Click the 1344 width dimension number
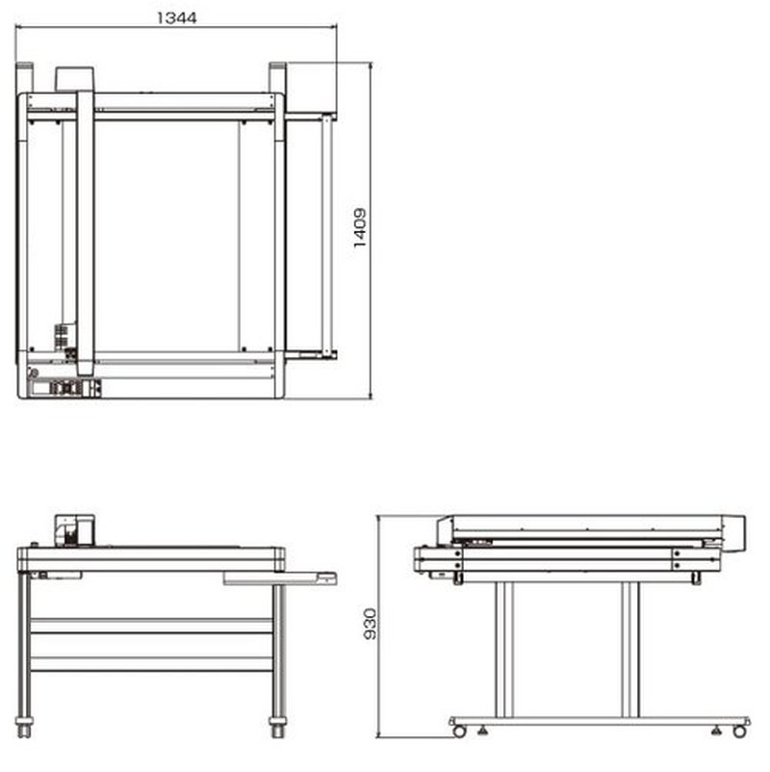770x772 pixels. click(x=176, y=17)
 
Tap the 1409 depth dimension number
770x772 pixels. click(x=360, y=228)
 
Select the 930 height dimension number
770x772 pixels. click(x=370, y=625)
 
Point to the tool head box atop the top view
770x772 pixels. click(x=74, y=79)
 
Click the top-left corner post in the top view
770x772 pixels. click(x=25, y=78)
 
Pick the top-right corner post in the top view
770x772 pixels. click(x=277, y=78)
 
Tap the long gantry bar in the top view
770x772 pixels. click(x=85, y=233)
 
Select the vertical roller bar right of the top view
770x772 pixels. click(x=327, y=235)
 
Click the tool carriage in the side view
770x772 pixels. click(x=75, y=530)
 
